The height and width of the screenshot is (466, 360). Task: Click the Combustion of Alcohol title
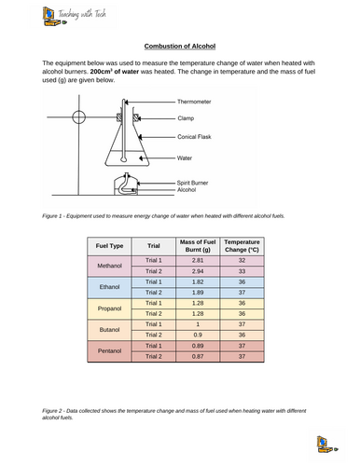click(180, 47)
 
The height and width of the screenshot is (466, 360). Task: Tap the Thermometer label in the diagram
click(194, 102)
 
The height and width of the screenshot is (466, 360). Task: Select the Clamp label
click(186, 118)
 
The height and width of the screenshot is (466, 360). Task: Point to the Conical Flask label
click(194, 137)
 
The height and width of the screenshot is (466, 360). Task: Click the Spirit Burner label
click(192, 183)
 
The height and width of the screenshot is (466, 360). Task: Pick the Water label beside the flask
click(185, 158)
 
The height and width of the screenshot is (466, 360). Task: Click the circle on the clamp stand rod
click(78, 117)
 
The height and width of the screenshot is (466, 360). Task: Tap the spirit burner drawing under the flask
click(126, 185)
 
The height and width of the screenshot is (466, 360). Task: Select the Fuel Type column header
click(109, 246)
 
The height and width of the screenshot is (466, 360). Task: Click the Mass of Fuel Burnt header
click(198, 246)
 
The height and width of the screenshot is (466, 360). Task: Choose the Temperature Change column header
click(242, 246)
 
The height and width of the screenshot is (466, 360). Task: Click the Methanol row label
click(109, 266)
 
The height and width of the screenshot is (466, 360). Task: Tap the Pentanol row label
click(109, 351)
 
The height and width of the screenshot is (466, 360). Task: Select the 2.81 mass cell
click(198, 260)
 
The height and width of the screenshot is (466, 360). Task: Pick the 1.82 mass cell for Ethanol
click(198, 282)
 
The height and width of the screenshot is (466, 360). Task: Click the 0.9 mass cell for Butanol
click(198, 335)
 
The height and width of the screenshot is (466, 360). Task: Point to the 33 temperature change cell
click(242, 271)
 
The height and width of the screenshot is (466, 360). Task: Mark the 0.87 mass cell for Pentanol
click(198, 356)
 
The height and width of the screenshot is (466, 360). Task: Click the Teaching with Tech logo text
click(82, 14)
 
